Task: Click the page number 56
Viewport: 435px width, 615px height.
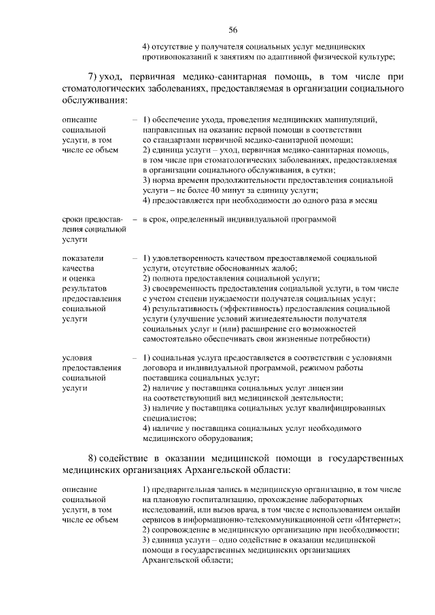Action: pos(232,30)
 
